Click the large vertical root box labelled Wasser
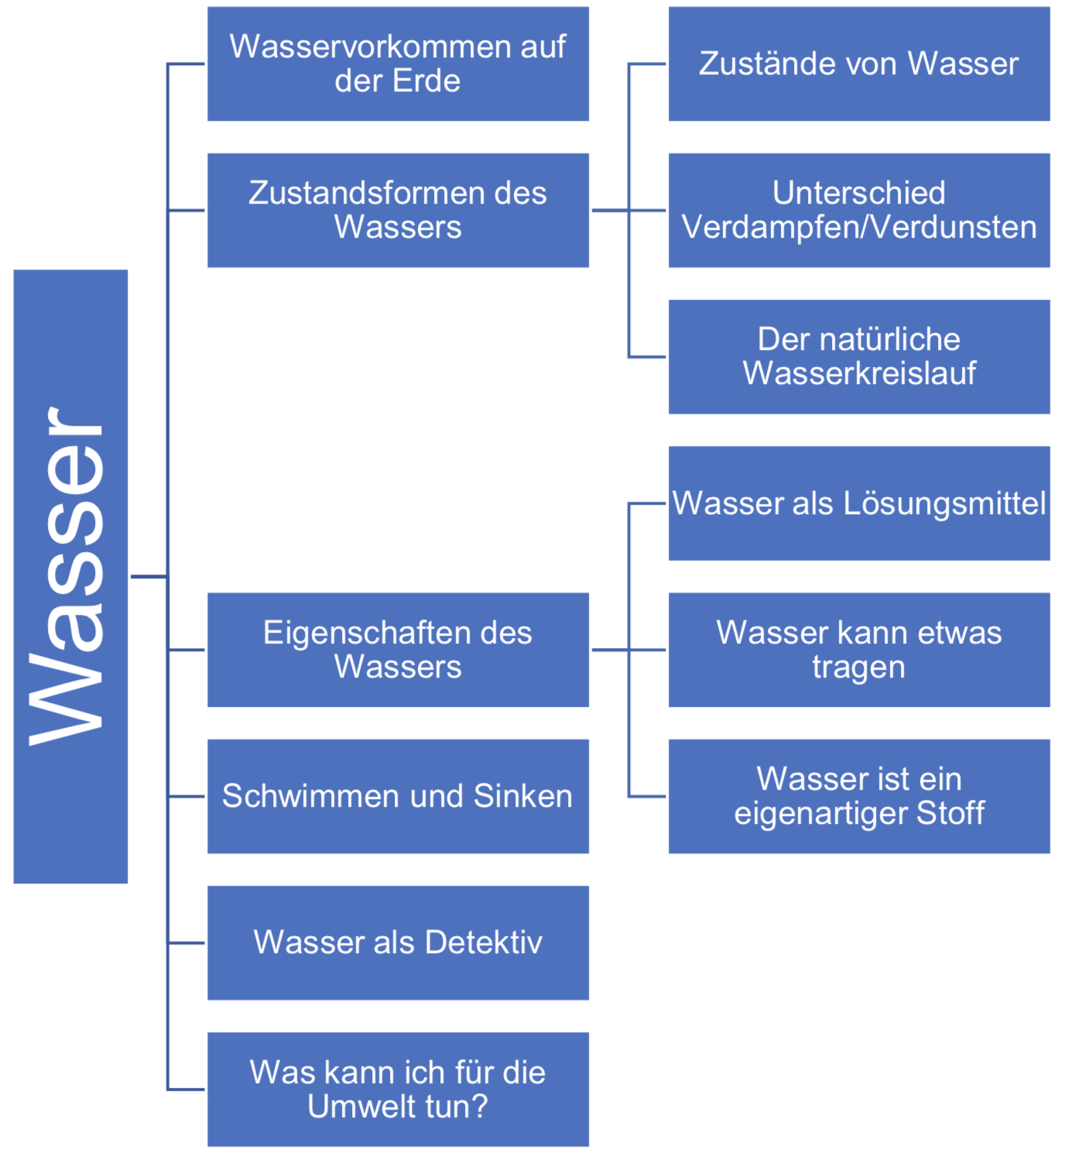pyautogui.click(x=70, y=576)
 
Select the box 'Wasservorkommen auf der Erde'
pyautogui.click(x=398, y=63)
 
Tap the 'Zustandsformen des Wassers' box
pyautogui.click(x=398, y=210)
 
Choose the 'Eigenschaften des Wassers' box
pyautogui.click(x=398, y=650)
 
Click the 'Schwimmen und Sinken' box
pyautogui.click(x=398, y=796)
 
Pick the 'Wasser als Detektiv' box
pyautogui.click(x=398, y=942)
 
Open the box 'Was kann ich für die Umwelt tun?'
pyautogui.click(x=398, y=1089)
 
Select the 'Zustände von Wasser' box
pyautogui.click(x=859, y=63)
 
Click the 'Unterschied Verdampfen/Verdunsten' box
pyautogui.click(x=859, y=210)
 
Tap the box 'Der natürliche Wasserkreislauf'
pyautogui.click(x=859, y=356)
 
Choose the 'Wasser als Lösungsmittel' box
pyautogui.click(x=859, y=503)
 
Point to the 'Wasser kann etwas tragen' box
pyautogui.click(x=859, y=650)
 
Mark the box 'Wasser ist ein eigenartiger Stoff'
pyautogui.click(x=859, y=796)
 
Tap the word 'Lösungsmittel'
pyautogui.click(x=944, y=503)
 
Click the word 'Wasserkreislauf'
pyautogui.click(x=859, y=373)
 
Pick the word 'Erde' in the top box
pyautogui.click(x=426, y=81)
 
